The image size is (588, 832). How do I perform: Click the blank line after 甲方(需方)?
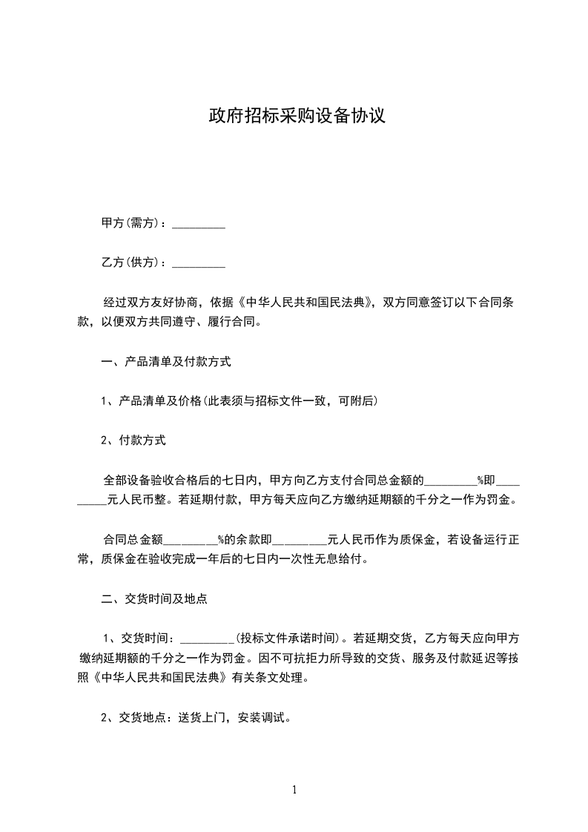(199, 225)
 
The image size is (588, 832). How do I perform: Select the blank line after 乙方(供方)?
(199, 264)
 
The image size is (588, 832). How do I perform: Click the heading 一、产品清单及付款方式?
(166, 363)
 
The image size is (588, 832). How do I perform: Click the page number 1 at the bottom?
(294, 790)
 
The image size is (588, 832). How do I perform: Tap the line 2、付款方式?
(133, 440)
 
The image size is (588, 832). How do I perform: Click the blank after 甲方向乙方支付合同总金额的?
(449, 481)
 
